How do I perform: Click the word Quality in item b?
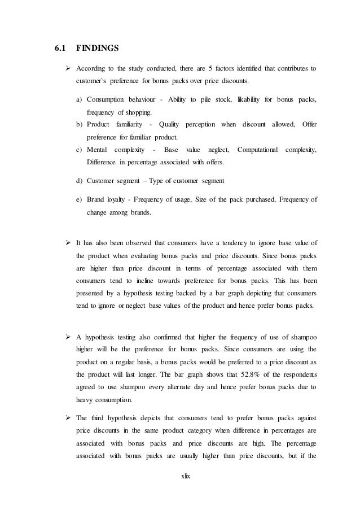pyautogui.click(x=171, y=124)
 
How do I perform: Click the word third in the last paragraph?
pyautogui.click(x=103, y=417)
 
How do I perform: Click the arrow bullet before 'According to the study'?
pyautogui.click(x=68, y=69)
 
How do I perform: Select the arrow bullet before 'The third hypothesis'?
pyautogui.click(x=68, y=417)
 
